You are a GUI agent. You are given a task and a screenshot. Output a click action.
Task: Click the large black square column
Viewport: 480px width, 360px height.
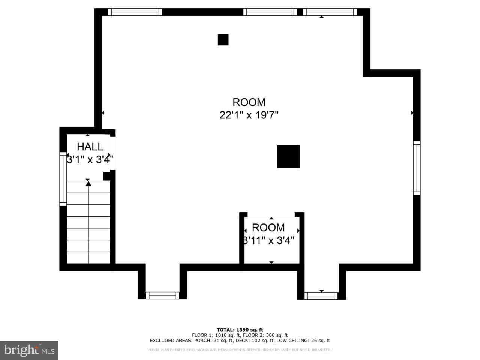tap(288, 156)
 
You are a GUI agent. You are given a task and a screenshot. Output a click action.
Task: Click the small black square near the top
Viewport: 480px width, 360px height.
tap(223, 40)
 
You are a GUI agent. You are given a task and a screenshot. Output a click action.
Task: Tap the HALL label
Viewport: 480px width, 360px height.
tap(90, 147)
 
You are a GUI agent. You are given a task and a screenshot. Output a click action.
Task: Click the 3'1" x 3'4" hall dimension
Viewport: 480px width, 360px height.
tap(90, 160)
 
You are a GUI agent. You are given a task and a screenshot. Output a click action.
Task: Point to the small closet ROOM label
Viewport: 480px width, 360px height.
tap(268, 228)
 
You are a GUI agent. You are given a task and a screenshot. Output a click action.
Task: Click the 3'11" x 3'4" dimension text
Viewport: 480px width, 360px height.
tap(269, 240)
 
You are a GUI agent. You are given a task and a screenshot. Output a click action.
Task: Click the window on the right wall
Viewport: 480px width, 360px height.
tap(417, 168)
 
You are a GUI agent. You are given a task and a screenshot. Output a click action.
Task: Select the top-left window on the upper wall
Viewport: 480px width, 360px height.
tap(135, 12)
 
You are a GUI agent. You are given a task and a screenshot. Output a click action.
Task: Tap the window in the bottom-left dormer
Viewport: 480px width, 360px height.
tap(162, 295)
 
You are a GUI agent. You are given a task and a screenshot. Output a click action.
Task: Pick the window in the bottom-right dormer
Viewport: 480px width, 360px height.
tap(321, 295)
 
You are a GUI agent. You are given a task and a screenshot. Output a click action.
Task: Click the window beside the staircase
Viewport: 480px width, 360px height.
tap(63, 178)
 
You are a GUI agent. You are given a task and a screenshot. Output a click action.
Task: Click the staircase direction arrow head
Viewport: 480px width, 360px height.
tap(88, 183)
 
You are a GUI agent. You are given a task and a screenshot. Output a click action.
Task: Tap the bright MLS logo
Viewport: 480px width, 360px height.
tap(29, 350)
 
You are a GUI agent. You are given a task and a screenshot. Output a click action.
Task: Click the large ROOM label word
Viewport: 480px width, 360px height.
tap(249, 102)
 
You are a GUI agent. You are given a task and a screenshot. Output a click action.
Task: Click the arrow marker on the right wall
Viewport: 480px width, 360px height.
tap(412, 112)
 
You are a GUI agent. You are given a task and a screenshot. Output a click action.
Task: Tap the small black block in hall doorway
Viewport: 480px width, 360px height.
tap(106, 176)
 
